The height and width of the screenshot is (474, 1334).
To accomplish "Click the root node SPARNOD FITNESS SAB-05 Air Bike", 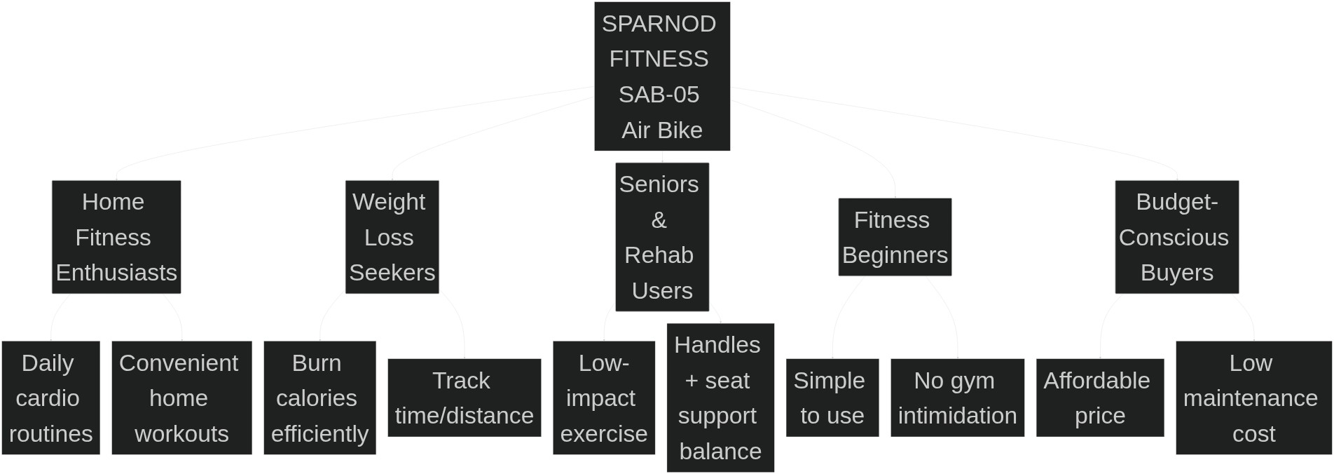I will coord(662,76).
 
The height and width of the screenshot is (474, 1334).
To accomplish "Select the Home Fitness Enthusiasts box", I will coord(116,237).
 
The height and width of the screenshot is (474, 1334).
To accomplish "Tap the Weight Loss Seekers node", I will coord(392,237).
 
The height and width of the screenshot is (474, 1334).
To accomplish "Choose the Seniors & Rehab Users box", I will coord(662,237).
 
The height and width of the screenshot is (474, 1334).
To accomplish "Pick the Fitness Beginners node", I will coord(895,237).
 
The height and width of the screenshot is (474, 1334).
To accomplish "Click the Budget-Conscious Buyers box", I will coord(1176,237).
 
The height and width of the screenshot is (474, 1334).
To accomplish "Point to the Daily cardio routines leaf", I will coord(50,398).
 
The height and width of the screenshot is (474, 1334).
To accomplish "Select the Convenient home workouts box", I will coord(181,398).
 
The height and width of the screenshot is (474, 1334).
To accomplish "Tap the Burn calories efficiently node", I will coord(319,398).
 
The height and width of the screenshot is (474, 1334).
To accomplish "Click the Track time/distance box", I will coord(464,398).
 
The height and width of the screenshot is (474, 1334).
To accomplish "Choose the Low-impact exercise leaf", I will coord(603,398).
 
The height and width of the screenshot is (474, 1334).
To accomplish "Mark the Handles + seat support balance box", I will coord(720,398).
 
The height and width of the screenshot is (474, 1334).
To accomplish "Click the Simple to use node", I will coord(832,398).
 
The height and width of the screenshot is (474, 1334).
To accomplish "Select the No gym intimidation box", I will coord(957,398).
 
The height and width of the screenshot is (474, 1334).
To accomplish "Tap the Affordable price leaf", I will coord(1099,398).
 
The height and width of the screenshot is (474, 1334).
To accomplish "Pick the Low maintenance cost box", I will coord(1253,398).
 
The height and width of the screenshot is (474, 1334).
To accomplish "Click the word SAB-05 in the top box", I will coord(659,95).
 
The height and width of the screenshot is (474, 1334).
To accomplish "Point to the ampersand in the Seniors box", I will coord(659,220).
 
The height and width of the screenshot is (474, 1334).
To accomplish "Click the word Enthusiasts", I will coord(116,273).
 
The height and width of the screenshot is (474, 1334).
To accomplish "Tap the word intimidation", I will coord(957,416).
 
